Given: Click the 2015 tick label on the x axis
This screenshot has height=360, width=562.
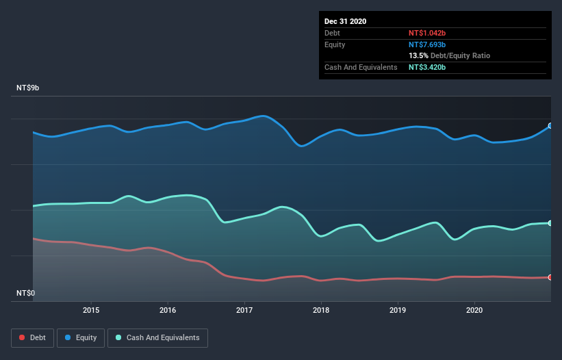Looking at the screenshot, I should pos(91,310).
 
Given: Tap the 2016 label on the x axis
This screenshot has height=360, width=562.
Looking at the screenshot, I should pos(168,310).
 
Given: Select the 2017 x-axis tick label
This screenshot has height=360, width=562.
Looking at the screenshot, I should pos(244,310).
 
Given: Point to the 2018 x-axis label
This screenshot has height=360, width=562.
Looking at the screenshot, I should pos(321,310).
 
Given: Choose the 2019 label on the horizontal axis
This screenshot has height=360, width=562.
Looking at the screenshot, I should pos(398,310).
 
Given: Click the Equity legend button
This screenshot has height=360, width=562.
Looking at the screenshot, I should pos(81,337).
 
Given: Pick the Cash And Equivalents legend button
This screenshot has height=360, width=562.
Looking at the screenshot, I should pos(158,337).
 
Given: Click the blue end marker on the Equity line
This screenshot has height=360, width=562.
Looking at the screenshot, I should pos(550,126).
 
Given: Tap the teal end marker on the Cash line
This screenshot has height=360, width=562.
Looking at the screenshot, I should pos(550,223).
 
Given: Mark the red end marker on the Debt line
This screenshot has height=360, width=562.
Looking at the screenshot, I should pos(550,277).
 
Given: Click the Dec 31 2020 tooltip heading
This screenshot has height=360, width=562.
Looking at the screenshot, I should pos(345,21).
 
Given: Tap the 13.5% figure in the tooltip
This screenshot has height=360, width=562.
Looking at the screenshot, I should pos(418,55).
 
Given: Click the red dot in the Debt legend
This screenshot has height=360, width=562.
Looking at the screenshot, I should pos(23,337).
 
